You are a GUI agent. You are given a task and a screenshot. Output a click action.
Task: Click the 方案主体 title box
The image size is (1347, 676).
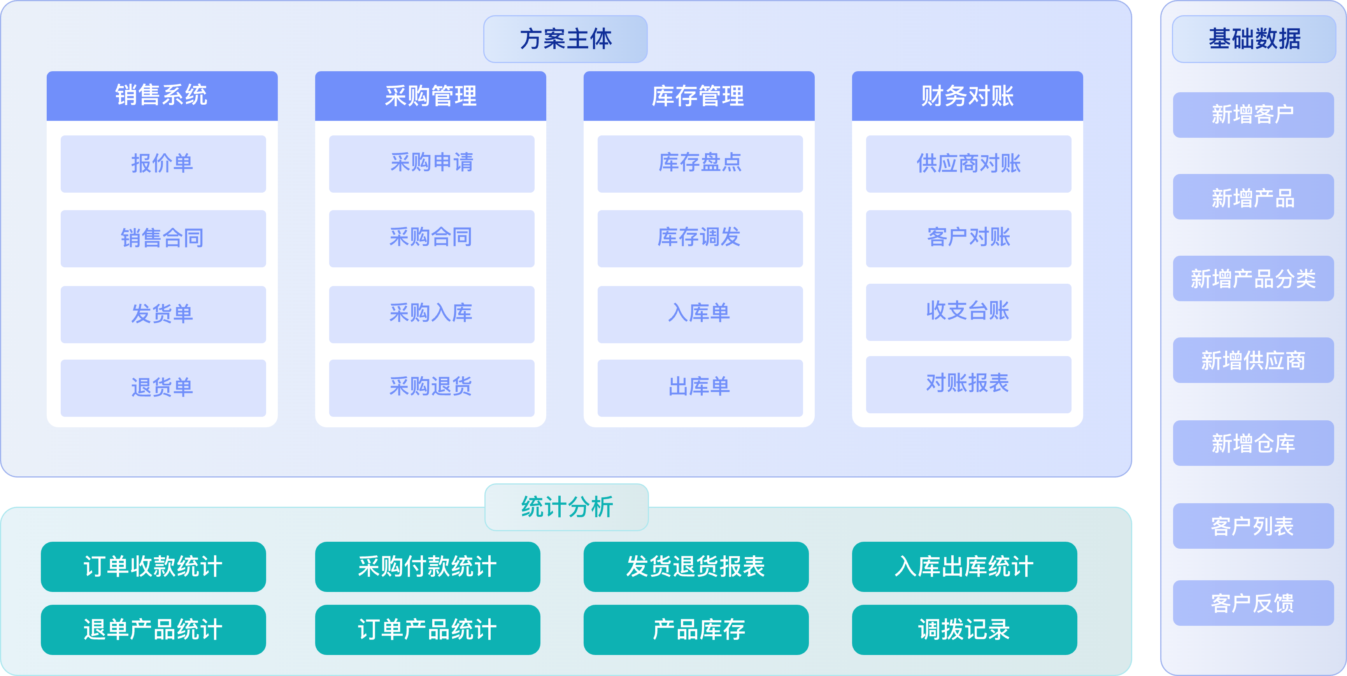pyautogui.click(x=565, y=39)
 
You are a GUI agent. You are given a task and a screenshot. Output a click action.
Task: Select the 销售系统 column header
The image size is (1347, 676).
pyautogui.click(x=162, y=96)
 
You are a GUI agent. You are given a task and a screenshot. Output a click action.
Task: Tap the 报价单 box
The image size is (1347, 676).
pyautogui.click(x=163, y=164)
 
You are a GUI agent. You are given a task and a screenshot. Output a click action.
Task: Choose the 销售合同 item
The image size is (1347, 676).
pyautogui.click(x=163, y=239)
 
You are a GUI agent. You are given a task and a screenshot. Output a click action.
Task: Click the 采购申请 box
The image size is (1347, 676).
pyautogui.click(x=431, y=164)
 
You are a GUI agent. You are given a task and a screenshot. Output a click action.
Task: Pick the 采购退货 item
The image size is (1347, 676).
pyautogui.click(x=431, y=388)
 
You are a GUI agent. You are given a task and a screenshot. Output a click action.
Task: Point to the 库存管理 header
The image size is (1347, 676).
pyautogui.click(x=699, y=96)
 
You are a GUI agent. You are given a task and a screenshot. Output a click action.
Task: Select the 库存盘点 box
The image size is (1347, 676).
pyautogui.click(x=700, y=164)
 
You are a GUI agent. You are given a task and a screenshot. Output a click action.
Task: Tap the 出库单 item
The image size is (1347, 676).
pyautogui.click(x=700, y=388)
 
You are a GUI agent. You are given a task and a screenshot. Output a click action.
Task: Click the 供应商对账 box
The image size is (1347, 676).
pyautogui.click(x=968, y=164)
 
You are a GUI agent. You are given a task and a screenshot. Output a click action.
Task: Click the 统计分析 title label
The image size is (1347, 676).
pyautogui.click(x=567, y=507)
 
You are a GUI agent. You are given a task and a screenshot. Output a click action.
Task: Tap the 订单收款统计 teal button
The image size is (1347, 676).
pyautogui.click(x=153, y=567)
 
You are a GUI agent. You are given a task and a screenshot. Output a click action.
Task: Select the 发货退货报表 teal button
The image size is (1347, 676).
pyautogui.click(x=696, y=567)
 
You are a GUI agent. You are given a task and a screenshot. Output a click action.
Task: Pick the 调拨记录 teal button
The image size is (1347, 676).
pyautogui.click(x=964, y=629)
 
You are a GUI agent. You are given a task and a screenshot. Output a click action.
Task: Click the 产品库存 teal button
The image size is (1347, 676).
pyautogui.click(x=696, y=629)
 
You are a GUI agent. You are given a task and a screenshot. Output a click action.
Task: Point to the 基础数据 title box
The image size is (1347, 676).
pyautogui.click(x=1254, y=39)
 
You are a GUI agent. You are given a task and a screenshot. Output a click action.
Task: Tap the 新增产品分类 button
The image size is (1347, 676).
pyautogui.click(x=1253, y=278)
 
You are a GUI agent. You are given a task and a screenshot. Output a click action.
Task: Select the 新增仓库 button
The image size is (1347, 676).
pyautogui.click(x=1253, y=443)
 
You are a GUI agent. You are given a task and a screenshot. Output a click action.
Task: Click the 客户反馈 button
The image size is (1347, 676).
pyautogui.click(x=1253, y=603)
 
